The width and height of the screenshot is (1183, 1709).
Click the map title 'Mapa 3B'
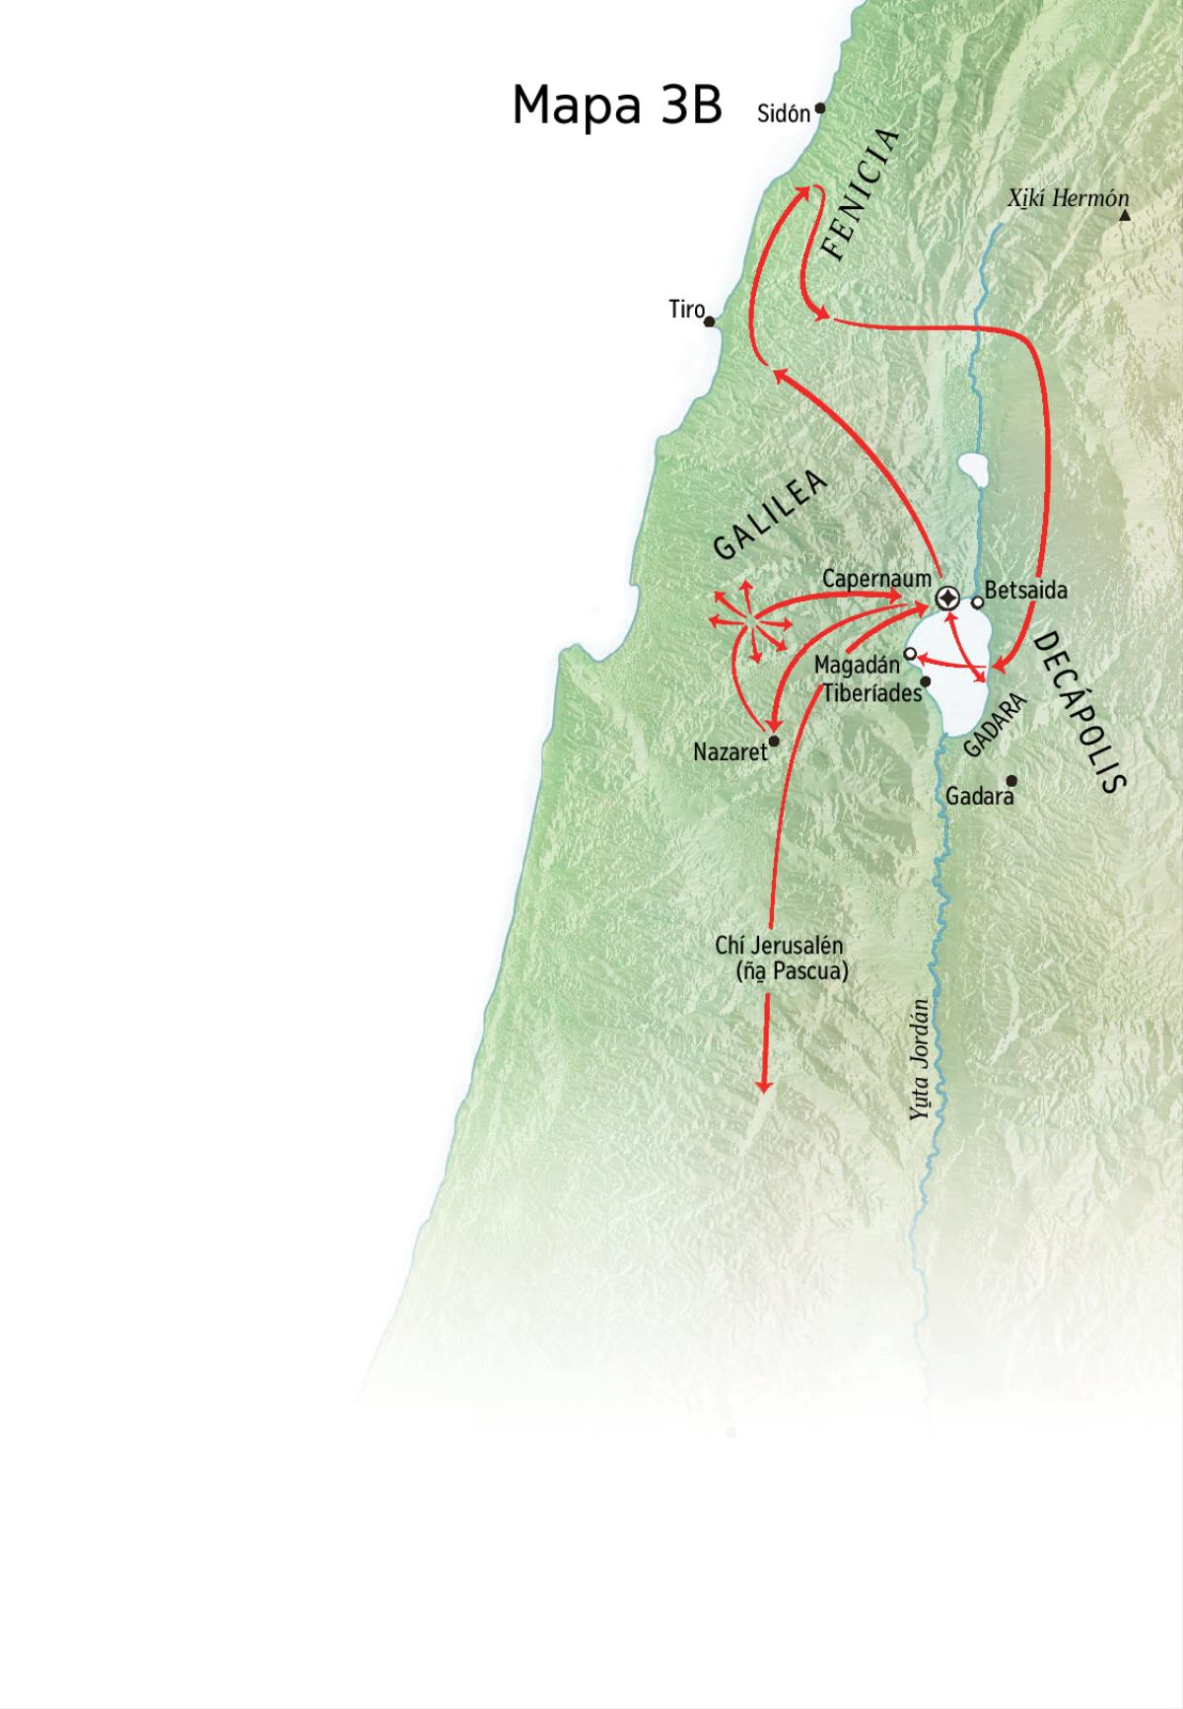click(617, 105)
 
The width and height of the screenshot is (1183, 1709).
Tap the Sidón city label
click(783, 113)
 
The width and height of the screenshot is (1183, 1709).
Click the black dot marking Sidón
click(819, 108)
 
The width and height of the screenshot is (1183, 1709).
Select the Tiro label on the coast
click(686, 310)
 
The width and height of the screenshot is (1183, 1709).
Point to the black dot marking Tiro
click(709, 321)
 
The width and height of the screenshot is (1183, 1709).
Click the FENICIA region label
click(861, 194)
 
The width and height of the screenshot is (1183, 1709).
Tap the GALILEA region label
click(769, 515)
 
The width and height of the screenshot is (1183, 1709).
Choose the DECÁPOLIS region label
click(1079, 712)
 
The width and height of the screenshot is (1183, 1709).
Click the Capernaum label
click(876, 578)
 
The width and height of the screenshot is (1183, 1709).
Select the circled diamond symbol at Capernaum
click(947, 599)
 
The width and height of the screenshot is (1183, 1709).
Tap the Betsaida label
click(1025, 591)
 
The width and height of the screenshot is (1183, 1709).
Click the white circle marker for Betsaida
click(977, 602)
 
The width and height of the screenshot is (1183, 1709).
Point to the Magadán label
click(857, 666)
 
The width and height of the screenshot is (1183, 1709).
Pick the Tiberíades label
click(871, 692)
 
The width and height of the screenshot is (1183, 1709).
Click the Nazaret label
click(730, 751)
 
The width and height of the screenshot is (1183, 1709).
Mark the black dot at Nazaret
click(774, 741)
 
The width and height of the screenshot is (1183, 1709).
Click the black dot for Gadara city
click(1010, 780)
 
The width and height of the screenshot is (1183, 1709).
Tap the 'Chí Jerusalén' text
click(779, 945)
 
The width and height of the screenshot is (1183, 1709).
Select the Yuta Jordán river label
click(920, 1060)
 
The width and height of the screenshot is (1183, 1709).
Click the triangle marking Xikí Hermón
click(1125, 214)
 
